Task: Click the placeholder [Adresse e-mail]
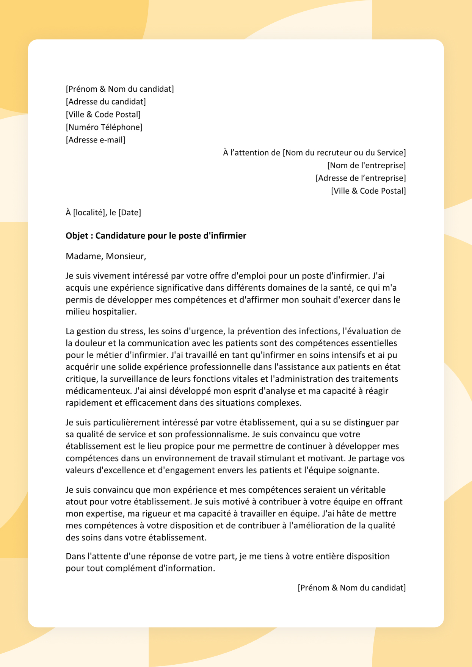pyautogui.click(x=96, y=140)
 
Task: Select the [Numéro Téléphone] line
pyautogui.click(x=104, y=127)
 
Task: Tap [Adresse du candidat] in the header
pyautogui.click(x=106, y=102)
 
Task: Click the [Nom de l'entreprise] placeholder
pyautogui.click(x=366, y=165)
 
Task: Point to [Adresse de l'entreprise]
pyautogui.click(x=361, y=178)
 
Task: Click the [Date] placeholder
pyautogui.click(x=130, y=213)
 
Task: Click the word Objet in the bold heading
pyautogui.click(x=77, y=236)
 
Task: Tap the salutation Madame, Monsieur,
pyautogui.click(x=106, y=256)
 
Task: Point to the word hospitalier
pyautogui.click(x=114, y=312)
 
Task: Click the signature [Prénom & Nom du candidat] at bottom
pyautogui.click(x=351, y=588)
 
